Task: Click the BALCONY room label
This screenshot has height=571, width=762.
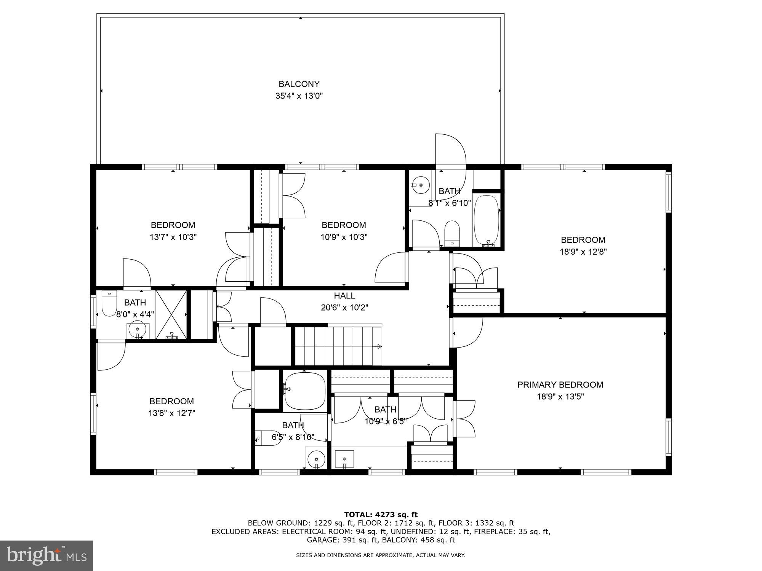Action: (x=299, y=84)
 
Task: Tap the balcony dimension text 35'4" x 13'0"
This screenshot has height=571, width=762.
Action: (x=299, y=96)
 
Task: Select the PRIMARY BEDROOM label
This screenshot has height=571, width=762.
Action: (x=560, y=385)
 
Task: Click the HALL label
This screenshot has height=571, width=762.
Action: (x=344, y=296)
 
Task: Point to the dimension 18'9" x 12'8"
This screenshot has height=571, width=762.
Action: (x=583, y=252)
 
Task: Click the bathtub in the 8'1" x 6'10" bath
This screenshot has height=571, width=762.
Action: (x=486, y=220)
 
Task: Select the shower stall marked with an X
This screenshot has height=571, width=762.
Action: (x=171, y=314)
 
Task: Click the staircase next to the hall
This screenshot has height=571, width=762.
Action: (x=338, y=346)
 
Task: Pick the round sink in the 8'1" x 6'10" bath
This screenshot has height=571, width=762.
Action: (x=421, y=185)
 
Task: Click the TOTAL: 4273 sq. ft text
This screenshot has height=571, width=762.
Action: (x=381, y=515)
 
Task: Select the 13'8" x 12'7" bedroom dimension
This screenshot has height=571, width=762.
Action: (x=171, y=413)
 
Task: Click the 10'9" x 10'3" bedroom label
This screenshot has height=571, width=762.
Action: (x=344, y=225)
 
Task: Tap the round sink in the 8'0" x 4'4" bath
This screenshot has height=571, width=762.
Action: (x=137, y=328)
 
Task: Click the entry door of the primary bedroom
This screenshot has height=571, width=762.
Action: (x=467, y=333)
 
